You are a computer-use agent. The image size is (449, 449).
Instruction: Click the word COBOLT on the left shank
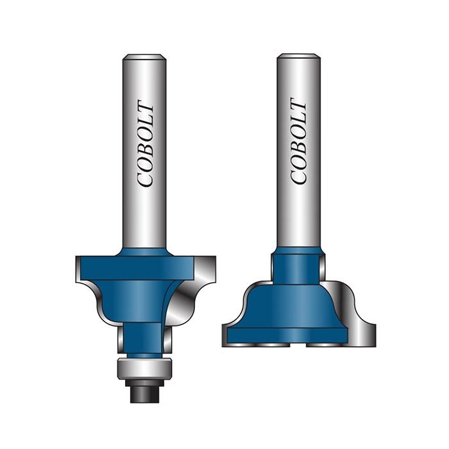pos(146,144)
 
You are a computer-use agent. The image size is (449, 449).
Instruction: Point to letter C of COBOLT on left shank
pos(146,178)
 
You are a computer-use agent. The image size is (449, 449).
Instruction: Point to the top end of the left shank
pos(144,58)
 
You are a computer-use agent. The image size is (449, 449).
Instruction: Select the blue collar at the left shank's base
pos(144,251)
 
